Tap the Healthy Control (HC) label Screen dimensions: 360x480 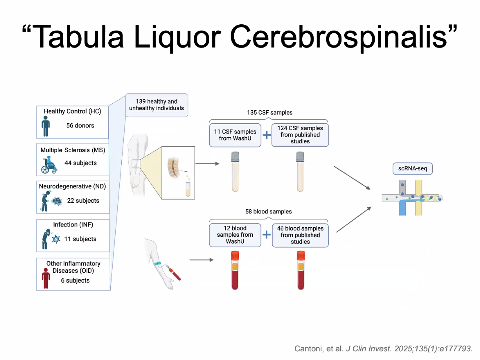point(72,111)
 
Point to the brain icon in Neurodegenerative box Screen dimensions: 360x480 point(57,201)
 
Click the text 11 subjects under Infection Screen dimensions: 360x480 point(80,239)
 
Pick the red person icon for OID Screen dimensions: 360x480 point(46,278)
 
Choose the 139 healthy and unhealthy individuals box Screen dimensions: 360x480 point(157,105)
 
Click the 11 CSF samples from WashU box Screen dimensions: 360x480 point(235,135)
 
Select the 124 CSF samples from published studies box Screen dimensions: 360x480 point(300,135)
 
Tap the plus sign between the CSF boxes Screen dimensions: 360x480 point(266,135)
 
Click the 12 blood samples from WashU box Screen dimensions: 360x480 point(235,235)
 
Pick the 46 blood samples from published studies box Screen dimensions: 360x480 point(300,235)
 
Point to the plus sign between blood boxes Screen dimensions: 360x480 point(266,235)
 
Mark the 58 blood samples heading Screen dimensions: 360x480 point(268,212)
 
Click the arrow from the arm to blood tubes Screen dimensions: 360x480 point(201,259)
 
